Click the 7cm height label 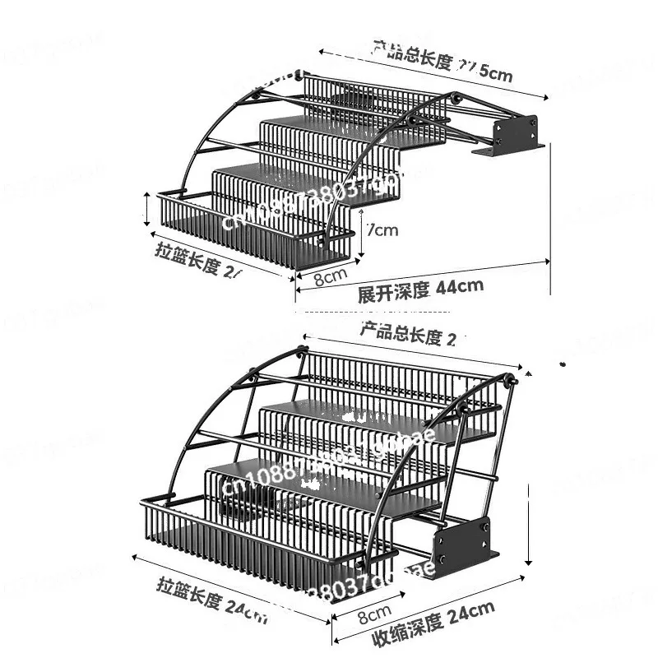pos(382,230)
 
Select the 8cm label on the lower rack pos(373,613)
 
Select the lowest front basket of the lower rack pos(247,543)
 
